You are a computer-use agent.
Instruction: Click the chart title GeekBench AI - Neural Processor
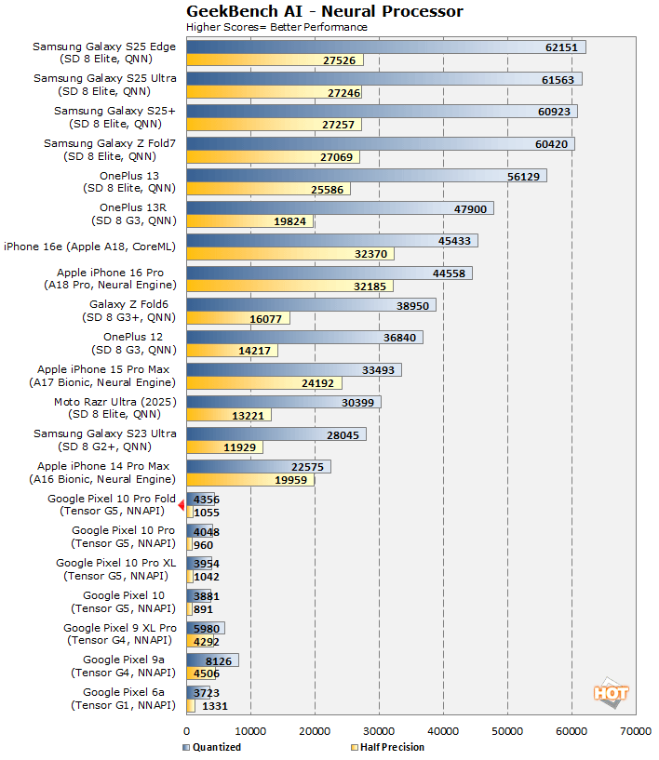tap(324, 11)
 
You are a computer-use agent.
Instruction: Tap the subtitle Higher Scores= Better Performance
tap(276, 27)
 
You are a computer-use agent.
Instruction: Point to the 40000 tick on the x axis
tap(443, 731)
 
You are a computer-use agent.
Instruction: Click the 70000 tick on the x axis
tap(636, 731)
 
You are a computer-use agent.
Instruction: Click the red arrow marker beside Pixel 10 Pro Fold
tap(182, 504)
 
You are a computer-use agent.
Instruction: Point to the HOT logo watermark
tap(611, 694)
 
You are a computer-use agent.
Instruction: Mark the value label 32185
tap(373, 287)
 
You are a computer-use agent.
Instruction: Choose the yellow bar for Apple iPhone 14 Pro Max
tap(250, 479)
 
